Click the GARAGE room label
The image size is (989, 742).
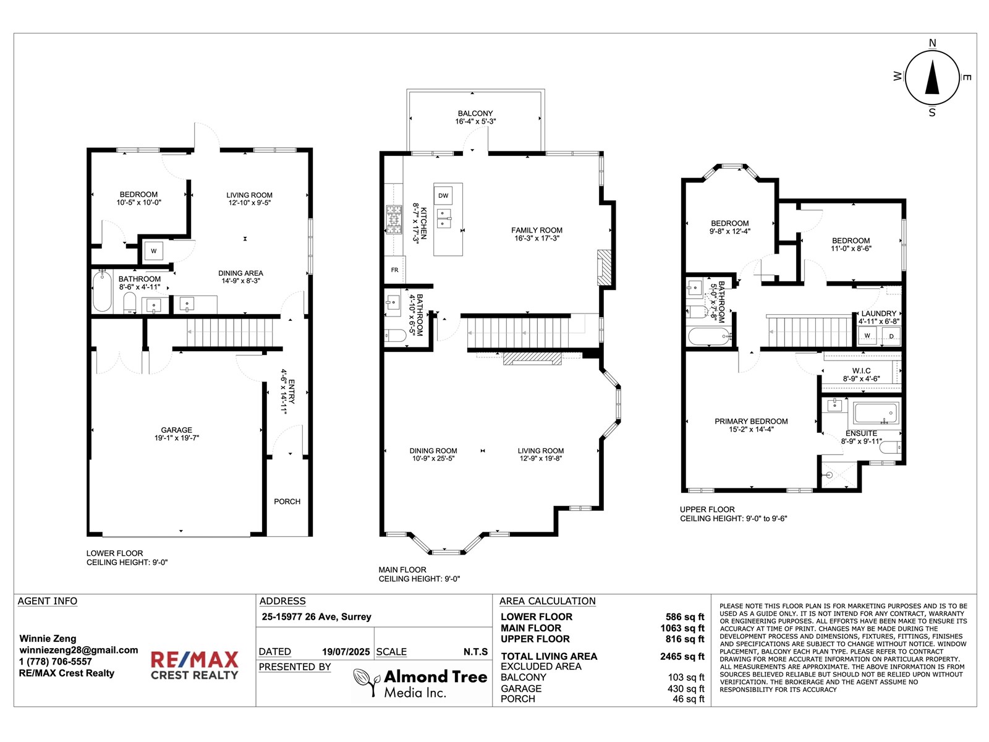[x=177, y=430]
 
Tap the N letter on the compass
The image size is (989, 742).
[x=932, y=43]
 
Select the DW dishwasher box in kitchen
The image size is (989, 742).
[x=443, y=195]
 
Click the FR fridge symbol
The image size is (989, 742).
[x=394, y=270]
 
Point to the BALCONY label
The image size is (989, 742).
[x=475, y=114]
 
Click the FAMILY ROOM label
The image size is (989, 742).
[x=537, y=230]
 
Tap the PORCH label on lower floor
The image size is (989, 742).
[x=287, y=501]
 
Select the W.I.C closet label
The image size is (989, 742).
[x=861, y=371]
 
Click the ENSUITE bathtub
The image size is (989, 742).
[x=876, y=412]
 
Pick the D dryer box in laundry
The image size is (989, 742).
[x=891, y=336]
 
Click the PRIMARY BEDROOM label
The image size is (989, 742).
[x=751, y=421]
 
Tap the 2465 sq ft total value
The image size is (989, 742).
[x=682, y=657]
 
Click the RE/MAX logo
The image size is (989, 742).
[x=194, y=665]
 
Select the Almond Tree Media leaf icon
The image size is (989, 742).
[x=366, y=682]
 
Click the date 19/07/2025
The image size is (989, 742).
[x=346, y=652]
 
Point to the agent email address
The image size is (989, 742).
[x=79, y=650]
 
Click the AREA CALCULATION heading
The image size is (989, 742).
[x=547, y=601]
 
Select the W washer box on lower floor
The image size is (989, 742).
[x=154, y=251]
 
